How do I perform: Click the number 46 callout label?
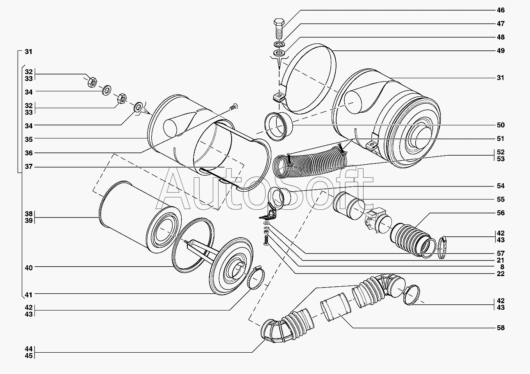(500, 10)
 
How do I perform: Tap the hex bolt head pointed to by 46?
(279, 23)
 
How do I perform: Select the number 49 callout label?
(500, 51)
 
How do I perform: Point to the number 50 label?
(500, 125)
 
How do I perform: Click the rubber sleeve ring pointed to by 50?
(278, 127)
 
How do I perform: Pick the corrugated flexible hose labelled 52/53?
(310, 162)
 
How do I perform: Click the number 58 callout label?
(500, 328)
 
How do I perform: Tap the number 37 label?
(29, 167)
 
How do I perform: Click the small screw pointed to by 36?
(234, 107)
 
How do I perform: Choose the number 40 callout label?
(29, 268)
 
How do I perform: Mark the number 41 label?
(29, 295)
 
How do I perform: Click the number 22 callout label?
(500, 274)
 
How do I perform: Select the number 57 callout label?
(500, 254)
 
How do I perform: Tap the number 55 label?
(500, 199)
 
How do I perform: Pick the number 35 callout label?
(29, 139)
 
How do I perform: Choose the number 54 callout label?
(500, 186)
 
